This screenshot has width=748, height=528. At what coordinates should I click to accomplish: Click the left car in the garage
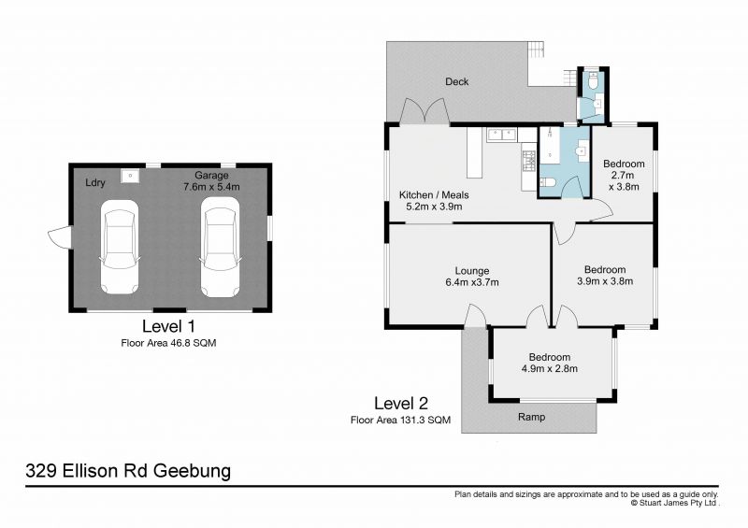[121, 250]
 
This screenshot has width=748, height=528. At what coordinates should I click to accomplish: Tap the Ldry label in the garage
[94, 183]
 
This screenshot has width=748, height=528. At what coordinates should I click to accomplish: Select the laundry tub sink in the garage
[134, 175]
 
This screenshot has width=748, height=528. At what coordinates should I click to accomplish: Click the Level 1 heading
[168, 327]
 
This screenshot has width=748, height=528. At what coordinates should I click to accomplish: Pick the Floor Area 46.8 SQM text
[168, 343]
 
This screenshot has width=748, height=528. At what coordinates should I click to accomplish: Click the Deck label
[456, 82]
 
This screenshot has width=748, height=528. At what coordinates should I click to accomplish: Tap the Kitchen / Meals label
[433, 201]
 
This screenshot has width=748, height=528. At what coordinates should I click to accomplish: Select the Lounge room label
[472, 277]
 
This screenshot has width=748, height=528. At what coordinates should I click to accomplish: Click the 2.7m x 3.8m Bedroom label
[623, 175]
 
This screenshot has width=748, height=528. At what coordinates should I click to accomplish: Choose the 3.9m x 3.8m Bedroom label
[601, 276]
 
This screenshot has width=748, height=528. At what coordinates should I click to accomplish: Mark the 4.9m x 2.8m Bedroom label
[549, 363]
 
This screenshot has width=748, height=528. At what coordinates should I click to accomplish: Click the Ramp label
[531, 417]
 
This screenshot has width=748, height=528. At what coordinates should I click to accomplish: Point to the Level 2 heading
[400, 404]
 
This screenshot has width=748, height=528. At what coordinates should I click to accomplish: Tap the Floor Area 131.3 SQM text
[400, 421]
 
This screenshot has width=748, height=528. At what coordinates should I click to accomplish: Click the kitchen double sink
[501, 134]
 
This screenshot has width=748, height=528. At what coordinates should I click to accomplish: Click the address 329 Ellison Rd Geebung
[127, 470]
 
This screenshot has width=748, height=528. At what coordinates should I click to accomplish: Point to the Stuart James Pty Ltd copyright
[674, 502]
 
